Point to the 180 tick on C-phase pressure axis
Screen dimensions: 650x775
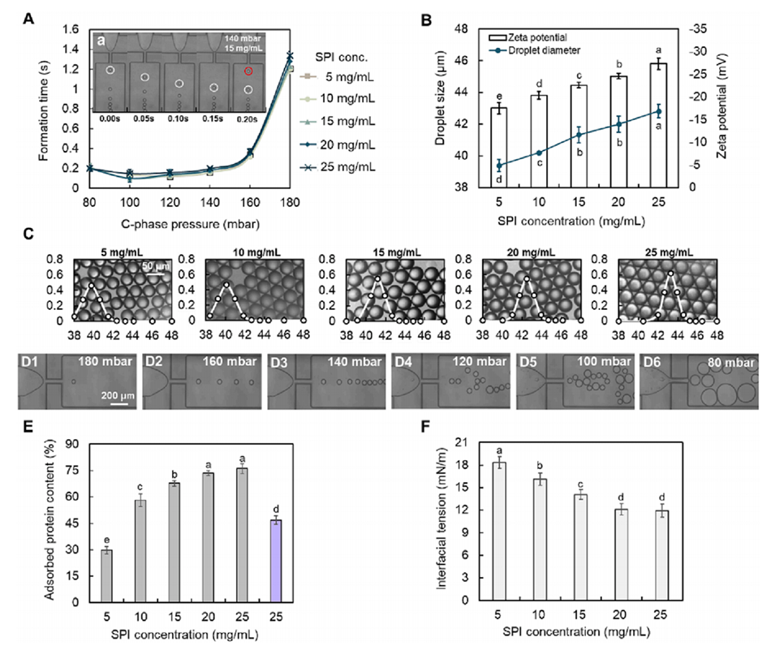(x=289, y=200)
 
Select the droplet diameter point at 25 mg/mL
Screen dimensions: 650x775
(x=658, y=112)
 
